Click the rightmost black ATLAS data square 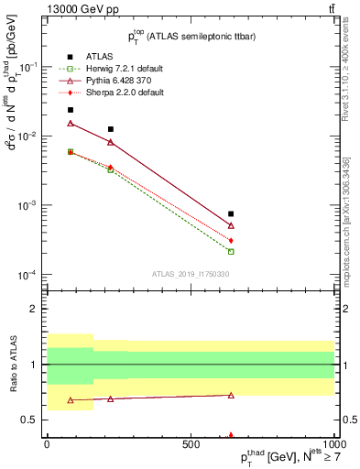pos(231,213)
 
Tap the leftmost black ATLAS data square pos(71,110)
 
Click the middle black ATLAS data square pos(111,129)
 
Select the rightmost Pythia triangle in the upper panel pos(231,225)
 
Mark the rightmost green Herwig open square pos(231,251)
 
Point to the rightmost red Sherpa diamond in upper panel pos(231,240)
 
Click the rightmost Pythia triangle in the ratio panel pos(231,395)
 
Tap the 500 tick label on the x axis pos(190,442)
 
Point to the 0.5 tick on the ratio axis pos(32,420)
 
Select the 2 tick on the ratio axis pos(36,309)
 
